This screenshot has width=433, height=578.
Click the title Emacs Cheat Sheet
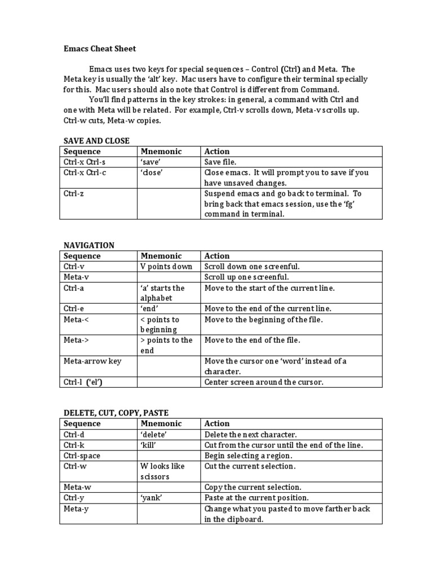(x=99, y=49)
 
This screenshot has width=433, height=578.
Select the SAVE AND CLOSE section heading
(x=96, y=141)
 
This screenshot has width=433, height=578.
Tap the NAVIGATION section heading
(x=89, y=245)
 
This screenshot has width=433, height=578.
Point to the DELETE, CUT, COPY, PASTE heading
(x=115, y=413)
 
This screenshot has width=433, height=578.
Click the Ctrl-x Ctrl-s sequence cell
(x=85, y=162)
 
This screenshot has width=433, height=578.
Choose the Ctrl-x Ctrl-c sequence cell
(x=85, y=173)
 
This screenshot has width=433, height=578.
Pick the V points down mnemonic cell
(x=166, y=266)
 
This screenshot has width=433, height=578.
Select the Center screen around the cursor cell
(x=264, y=382)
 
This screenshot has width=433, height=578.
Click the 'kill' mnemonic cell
(x=148, y=445)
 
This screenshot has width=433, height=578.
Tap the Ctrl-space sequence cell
(x=82, y=456)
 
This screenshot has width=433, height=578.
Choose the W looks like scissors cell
(x=162, y=471)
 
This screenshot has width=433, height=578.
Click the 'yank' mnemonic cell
(x=151, y=498)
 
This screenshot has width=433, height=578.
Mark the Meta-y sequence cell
(x=76, y=509)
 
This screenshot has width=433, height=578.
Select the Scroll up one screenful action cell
(x=246, y=277)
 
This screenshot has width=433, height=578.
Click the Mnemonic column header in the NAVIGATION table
(x=161, y=256)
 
